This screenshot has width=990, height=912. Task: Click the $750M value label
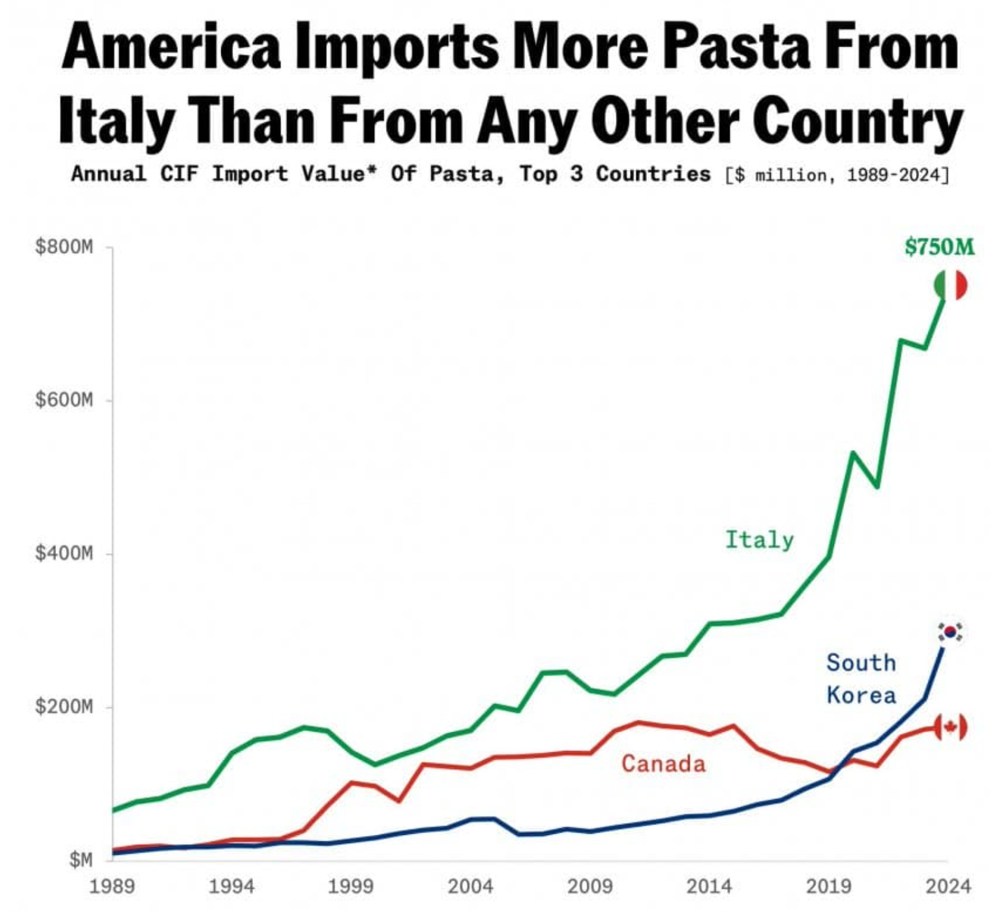point(940,247)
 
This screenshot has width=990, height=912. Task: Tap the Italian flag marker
point(951,285)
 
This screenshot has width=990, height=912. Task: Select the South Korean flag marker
point(950,632)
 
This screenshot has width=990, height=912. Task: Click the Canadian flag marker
point(950,727)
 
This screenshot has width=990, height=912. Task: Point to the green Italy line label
point(759,540)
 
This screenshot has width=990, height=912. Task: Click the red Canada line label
point(663,763)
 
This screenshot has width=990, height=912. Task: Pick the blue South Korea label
point(861,679)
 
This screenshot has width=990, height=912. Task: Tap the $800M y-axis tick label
point(64,247)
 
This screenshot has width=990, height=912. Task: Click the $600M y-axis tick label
point(64,399)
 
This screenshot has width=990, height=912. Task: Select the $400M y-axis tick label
point(64,553)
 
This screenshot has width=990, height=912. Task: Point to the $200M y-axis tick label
point(64,707)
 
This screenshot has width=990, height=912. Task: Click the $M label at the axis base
point(81,860)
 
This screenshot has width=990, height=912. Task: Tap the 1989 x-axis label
point(112,886)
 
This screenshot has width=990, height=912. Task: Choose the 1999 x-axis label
point(351,886)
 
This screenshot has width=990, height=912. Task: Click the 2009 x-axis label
point(590,886)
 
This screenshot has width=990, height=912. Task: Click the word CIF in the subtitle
point(179,174)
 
